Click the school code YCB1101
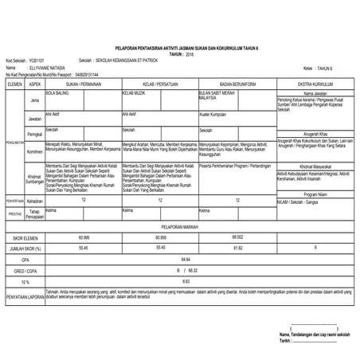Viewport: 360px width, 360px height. tap(36, 59)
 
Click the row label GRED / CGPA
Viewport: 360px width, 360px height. tap(24, 271)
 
